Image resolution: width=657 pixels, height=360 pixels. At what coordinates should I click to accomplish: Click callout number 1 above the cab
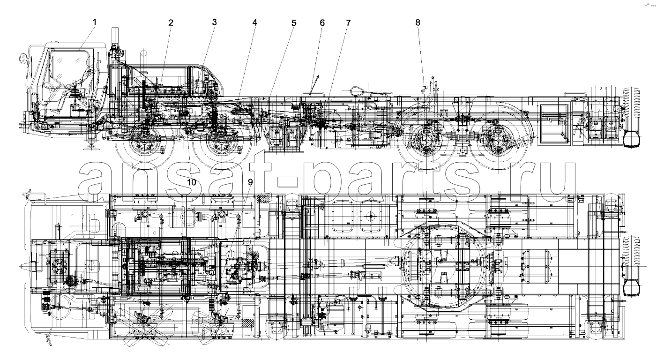[95, 22]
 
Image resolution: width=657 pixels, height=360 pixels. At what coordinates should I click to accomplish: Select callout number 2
[171, 22]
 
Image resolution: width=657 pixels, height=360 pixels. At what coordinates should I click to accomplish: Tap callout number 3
[215, 22]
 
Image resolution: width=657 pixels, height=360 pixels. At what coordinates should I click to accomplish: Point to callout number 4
[254, 22]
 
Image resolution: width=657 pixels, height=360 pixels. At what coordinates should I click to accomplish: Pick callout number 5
[294, 23]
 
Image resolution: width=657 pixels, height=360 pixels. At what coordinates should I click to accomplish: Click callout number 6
[322, 22]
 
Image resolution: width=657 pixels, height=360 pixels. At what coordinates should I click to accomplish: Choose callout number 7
[348, 22]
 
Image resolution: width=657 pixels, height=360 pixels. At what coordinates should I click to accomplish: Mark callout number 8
[418, 22]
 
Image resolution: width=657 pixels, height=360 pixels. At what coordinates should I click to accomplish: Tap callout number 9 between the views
[250, 182]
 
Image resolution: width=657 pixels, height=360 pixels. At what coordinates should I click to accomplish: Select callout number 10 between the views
[192, 182]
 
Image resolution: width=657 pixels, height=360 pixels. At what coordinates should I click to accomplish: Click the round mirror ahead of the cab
[22, 60]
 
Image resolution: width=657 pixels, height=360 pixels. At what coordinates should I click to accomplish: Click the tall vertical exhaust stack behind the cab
[115, 38]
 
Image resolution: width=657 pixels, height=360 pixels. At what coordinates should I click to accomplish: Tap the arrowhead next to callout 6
[317, 76]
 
